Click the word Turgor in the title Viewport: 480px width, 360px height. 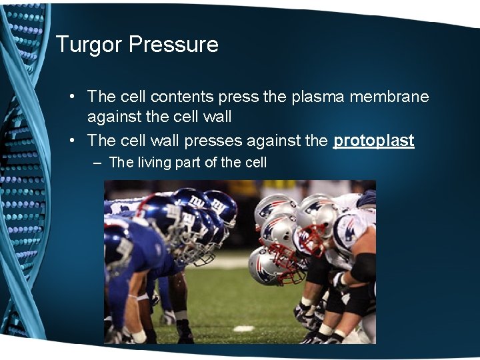click(x=89, y=45)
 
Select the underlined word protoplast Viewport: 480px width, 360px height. click(x=373, y=141)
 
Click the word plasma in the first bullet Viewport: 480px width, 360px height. click(x=317, y=97)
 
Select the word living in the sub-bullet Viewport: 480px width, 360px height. click(x=155, y=162)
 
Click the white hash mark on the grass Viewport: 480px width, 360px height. click(x=243, y=329)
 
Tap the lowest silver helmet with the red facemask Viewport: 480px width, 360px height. click(x=267, y=265)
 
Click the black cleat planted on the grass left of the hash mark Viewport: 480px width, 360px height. click(x=184, y=331)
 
